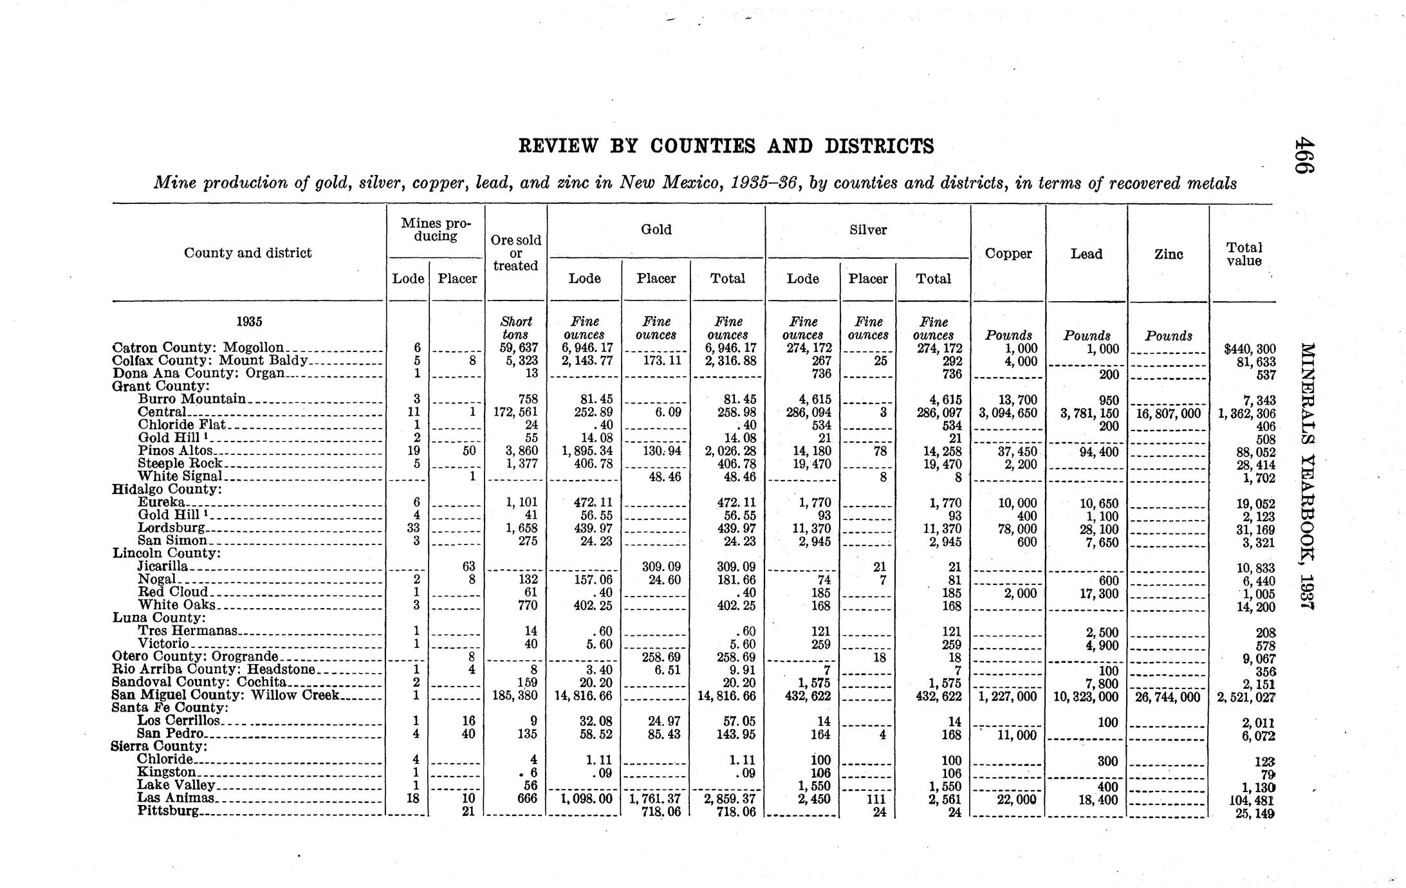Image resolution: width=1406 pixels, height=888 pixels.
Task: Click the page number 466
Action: (1304, 155)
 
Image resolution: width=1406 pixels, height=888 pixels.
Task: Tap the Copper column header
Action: (1008, 254)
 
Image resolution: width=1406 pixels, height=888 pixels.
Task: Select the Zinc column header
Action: (1169, 254)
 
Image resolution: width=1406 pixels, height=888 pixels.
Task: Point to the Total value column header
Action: (1244, 254)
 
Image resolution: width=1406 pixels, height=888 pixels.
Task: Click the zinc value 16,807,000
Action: (1169, 414)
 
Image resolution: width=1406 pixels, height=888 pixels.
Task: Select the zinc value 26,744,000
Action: (1169, 697)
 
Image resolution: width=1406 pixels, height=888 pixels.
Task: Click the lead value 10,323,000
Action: (1086, 697)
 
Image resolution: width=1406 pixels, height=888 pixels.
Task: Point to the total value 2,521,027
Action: (1246, 697)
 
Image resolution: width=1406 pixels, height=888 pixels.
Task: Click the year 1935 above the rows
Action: (249, 322)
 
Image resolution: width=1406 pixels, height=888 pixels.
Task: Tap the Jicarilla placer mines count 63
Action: (468, 566)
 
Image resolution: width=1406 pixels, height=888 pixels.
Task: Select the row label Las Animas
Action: (175, 798)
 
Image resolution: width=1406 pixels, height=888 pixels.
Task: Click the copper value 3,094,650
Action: (1008, 413)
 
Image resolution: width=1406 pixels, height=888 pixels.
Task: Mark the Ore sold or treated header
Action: (515, 253)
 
